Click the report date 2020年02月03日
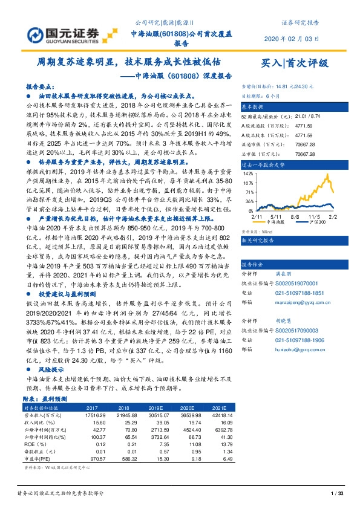click(292, 39)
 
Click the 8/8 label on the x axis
click(295, 215)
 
